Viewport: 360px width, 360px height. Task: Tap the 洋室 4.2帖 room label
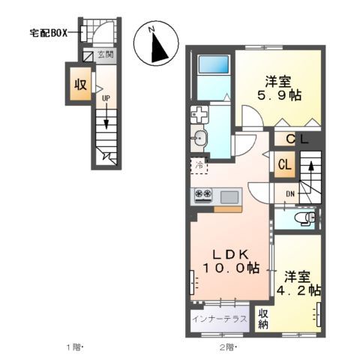(301, 282)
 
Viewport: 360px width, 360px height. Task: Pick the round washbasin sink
(200, 138)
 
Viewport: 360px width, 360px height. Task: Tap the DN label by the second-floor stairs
(289, 194)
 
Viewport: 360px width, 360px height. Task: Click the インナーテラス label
(219, 319)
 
